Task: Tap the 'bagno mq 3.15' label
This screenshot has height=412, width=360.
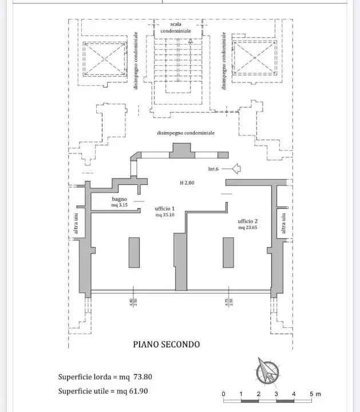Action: click(x=120, y=202)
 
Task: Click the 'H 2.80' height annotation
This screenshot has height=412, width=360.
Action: click(x=187, y=183)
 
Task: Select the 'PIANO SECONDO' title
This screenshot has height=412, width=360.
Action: click(x=166, y=344)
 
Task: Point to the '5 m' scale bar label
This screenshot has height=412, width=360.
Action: click(x=315, y=394)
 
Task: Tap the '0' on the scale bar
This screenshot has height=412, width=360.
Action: click(x=223, y=394)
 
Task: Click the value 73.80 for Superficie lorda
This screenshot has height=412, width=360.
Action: click(x=143, y=377)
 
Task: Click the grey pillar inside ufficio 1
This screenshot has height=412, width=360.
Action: click(x=134, y=252)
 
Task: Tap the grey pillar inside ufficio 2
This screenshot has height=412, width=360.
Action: click(x=228, y=252)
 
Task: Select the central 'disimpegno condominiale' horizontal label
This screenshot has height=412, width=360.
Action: click(x=185, y=133)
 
